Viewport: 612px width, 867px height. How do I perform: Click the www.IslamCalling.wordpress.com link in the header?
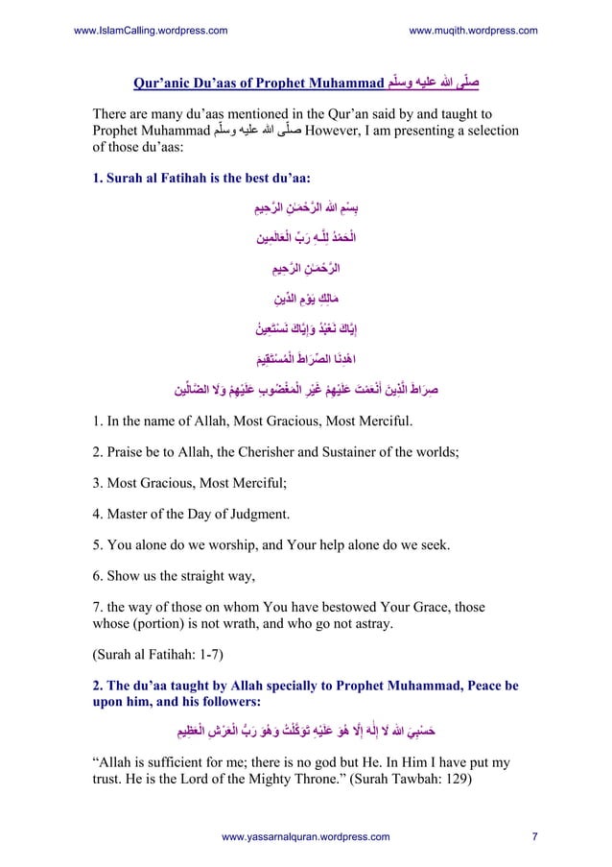pos(150,31)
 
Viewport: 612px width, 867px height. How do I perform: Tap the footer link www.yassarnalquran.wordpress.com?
pos(305,837)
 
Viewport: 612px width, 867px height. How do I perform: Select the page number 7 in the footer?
pos(534,837)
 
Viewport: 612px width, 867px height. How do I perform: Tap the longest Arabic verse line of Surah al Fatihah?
pos(306,390)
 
